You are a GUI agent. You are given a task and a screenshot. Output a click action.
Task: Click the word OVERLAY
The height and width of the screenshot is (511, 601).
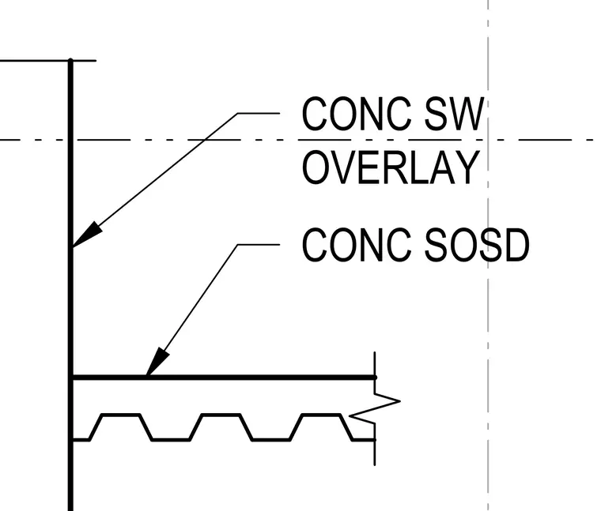(x=391, y=167)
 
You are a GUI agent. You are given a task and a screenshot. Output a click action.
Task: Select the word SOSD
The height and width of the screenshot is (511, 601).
(x=477, y=245)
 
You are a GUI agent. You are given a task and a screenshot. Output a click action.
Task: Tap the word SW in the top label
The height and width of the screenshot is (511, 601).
(x=454, y=114)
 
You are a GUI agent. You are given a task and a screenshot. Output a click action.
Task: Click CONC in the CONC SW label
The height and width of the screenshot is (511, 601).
(x=357, y=114)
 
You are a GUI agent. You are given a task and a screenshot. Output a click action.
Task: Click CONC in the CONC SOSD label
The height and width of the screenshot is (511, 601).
(x=357, y=245)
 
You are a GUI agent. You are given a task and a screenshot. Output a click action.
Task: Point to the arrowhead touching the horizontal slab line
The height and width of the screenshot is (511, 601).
(x=157, y=362)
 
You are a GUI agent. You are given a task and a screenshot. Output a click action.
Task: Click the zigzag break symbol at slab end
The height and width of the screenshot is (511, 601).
(x=375, y=408)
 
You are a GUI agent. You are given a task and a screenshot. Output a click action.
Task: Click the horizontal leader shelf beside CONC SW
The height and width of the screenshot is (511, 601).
(x=259, y=113)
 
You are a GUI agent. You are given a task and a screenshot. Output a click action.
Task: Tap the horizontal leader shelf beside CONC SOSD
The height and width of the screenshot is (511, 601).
(x=259, y=244)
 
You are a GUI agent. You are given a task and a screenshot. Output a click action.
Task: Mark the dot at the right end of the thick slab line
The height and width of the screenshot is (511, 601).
(x=375, y=378)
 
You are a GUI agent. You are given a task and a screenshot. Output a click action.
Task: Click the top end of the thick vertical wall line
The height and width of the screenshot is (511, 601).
(x=70, y=60)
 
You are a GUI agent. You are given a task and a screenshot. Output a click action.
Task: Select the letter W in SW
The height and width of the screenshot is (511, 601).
(x=468, y=114)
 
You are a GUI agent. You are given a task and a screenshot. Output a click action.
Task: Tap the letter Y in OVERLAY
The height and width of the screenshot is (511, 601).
(x=470, y=167)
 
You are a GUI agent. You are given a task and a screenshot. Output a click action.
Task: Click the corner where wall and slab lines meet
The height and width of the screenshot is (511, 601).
(x=71, y=378)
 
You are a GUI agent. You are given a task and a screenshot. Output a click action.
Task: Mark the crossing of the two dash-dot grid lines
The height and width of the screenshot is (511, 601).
(x=488, y=140)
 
